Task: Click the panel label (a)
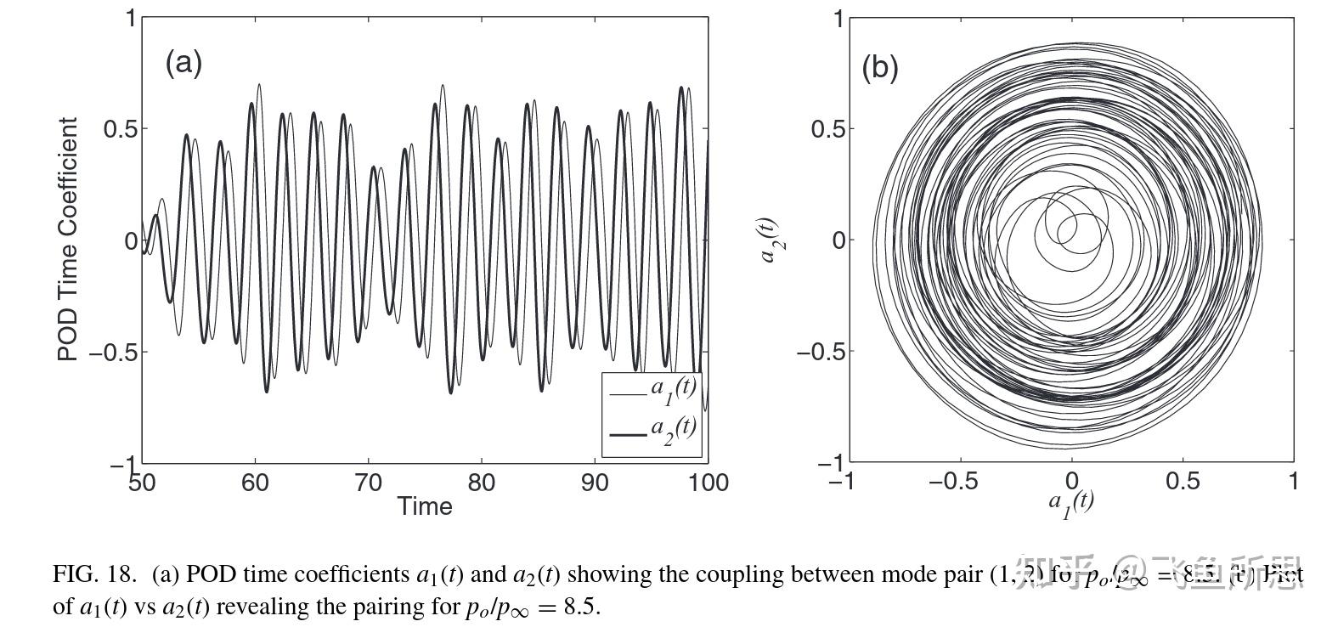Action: (x=183, y=62)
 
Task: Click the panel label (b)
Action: (x=879, y=67)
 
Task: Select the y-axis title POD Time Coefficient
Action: (x=68, y=240)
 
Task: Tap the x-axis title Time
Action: (x=425, y=506)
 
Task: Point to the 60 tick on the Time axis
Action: (x=255, y=483)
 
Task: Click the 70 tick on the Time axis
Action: (x=368, y=483)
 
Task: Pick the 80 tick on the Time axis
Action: (x=481, y=483)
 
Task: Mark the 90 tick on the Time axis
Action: (x=595, y=483)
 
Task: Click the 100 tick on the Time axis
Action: (x=708, y=483)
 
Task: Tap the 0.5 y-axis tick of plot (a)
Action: (x=120, y=129)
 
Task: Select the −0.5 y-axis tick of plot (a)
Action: (x=113, y=352)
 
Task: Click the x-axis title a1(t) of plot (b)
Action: (x=1071, y=503)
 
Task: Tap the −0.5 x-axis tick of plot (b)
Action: (x=953, y=482)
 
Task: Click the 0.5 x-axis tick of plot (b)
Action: (x=1183, y=482)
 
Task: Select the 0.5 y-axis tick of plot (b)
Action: (x=828, y=129)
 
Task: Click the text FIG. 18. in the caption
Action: (x=94, y=574)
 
